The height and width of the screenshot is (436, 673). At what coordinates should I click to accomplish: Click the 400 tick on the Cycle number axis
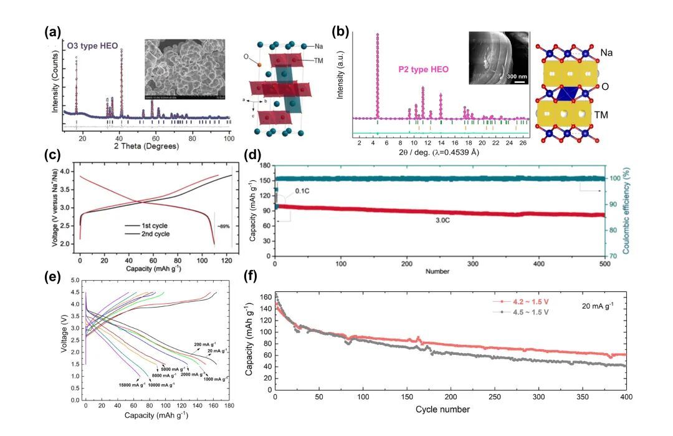(626, 397)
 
